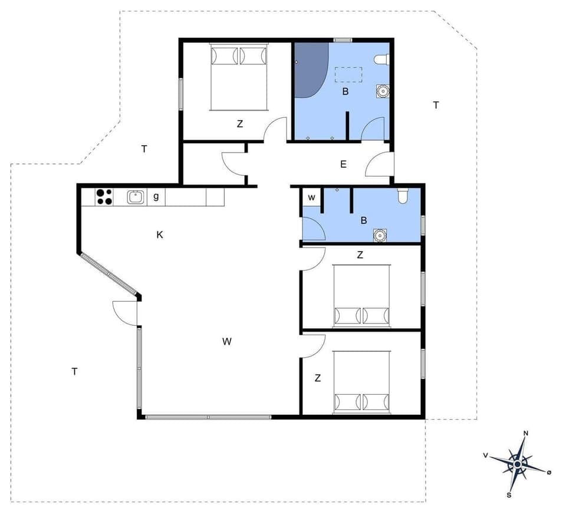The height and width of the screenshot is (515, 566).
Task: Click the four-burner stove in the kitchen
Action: point(104,196)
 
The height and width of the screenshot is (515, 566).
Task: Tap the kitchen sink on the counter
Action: point(136,197)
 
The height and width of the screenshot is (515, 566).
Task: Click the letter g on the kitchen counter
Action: point(156,197)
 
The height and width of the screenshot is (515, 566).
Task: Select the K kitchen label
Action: point(159,235)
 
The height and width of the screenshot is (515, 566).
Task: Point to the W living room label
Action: point(227,341)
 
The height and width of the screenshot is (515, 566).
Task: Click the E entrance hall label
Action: point(343,164)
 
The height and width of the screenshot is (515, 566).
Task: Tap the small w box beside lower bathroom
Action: point(312,197)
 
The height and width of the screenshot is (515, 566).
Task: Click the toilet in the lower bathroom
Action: point(403,195)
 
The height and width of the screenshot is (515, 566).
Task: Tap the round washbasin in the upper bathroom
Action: point(383,91)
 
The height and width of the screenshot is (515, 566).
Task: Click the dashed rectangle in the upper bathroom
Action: point(348,75)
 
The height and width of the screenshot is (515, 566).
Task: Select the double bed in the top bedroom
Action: point(239,77)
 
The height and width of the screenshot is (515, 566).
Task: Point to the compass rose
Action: point(518,464)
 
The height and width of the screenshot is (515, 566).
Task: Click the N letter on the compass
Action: point(526,434)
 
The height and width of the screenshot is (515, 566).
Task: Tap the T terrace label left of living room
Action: point(74,371)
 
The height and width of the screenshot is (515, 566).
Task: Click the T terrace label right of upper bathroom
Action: point(436,105)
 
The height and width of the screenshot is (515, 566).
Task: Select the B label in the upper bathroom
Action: point(345,91)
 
